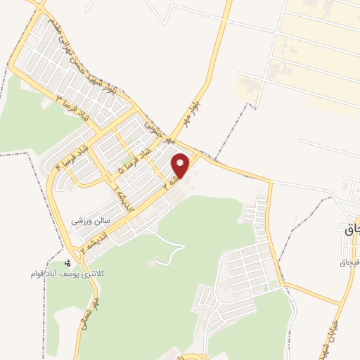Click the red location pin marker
[x=181, y=165]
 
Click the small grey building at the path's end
[x=151, y=263]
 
